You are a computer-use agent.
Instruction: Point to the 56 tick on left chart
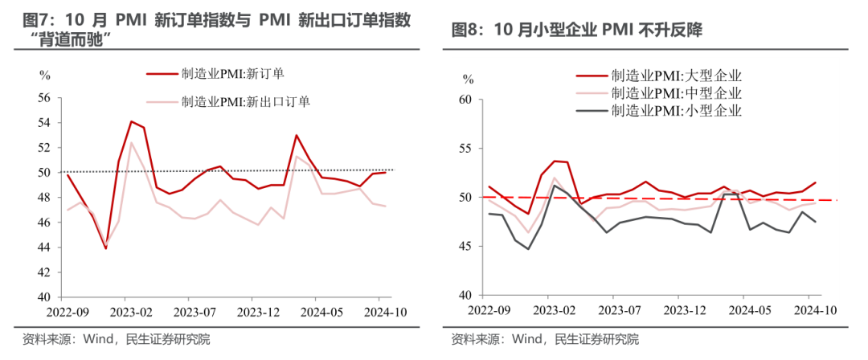(x=43, y=98)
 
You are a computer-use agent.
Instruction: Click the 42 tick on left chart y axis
(x=43, y=272)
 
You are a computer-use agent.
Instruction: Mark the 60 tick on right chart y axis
(x=465, y=100)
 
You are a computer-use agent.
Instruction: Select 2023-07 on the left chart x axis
(x=197, y=311)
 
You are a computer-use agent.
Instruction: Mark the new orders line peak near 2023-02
(x=131, y=121)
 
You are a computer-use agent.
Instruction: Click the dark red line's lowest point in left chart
(x=106, y=248)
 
